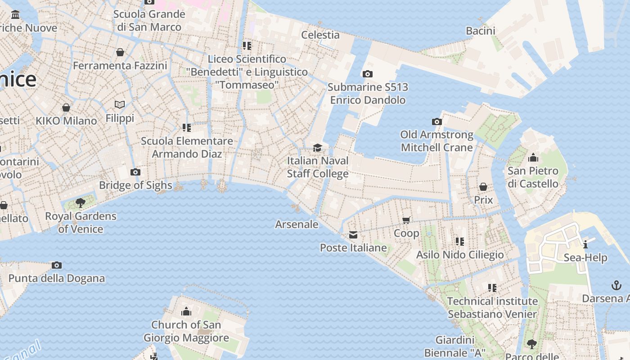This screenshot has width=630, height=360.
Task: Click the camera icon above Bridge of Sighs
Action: tap(135, 172)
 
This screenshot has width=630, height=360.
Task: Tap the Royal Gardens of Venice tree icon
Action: tap(81, 203)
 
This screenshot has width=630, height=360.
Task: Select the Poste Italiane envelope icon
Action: tap(353, 235)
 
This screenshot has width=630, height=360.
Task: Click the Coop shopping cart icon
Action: tap(406, 220)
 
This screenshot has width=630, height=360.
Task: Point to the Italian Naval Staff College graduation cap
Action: tap(318, 148)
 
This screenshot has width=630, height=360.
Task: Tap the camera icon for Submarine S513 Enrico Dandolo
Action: tap(368, 74)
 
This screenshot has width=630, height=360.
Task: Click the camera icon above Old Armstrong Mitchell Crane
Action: tap(436, 121)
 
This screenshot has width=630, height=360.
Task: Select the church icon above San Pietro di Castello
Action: tap(533, 157)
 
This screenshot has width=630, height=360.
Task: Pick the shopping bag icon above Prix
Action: tap(483, 186)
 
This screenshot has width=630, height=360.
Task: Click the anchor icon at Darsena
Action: tap(616, 285)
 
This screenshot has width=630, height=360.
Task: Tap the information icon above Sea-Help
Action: tap(585, 244)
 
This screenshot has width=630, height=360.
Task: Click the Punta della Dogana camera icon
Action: tap(57, 265)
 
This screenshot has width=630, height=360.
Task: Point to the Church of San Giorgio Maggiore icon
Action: tap(186, 311)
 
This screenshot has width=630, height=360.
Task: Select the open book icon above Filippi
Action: tap(120, 105)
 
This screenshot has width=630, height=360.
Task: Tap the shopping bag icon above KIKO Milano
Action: tap(66, 108)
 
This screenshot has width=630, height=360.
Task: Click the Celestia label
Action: tap(320, 35)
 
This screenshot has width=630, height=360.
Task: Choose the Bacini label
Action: tap(481, 31)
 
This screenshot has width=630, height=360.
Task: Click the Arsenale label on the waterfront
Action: tap(297, 224)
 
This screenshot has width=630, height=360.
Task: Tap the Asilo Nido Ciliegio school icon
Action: tap(459, 242)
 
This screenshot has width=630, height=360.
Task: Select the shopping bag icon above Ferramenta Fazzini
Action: tap(120, 52)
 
